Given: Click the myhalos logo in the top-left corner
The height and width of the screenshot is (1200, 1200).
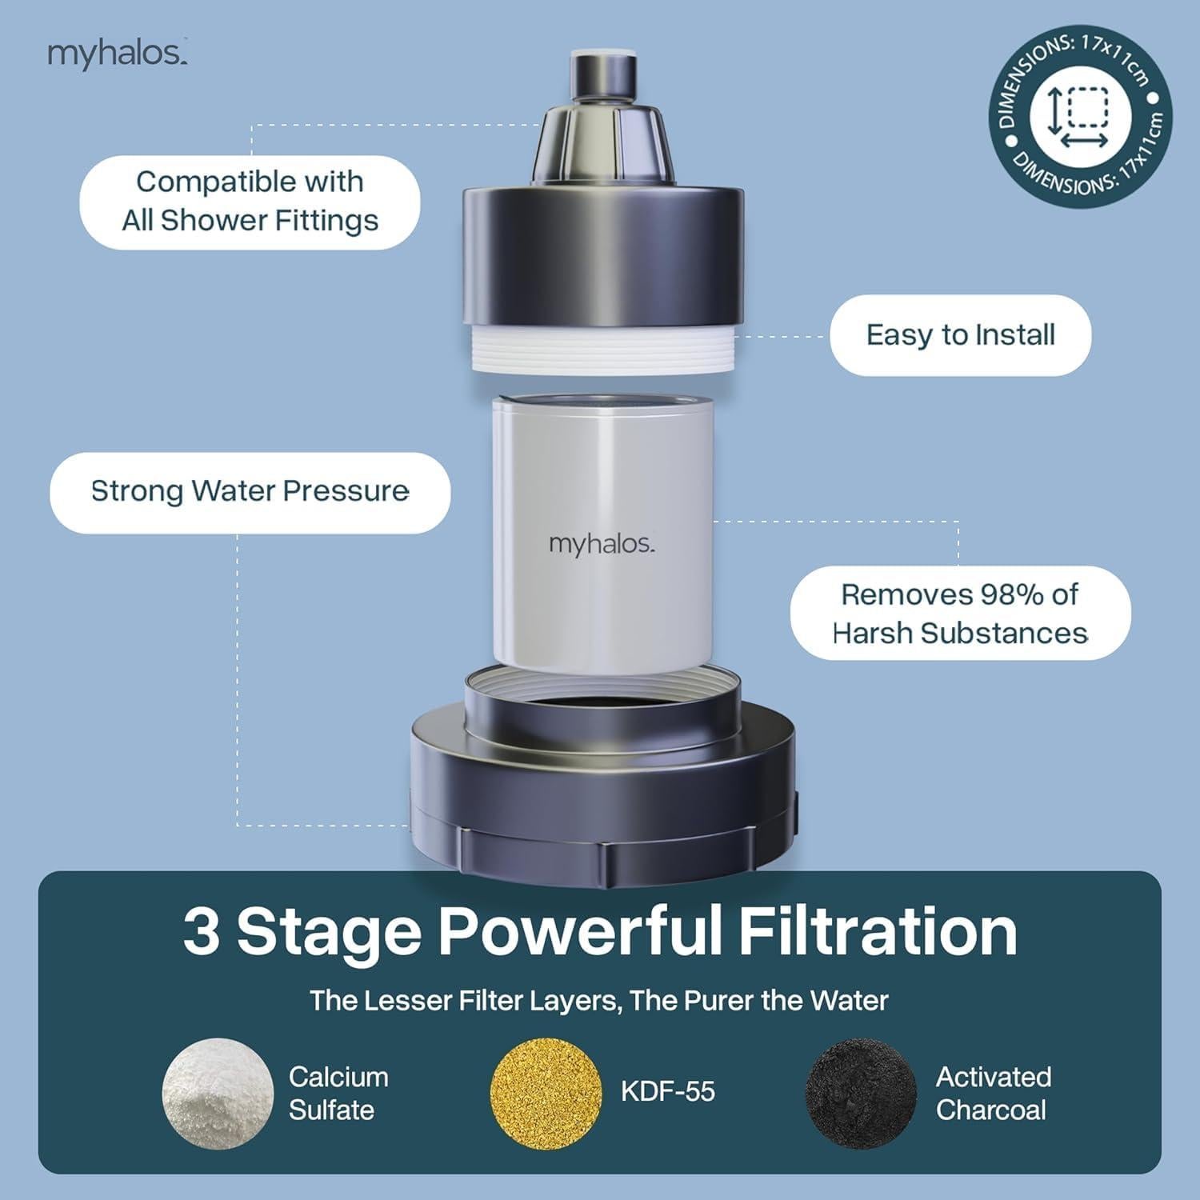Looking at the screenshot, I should (117, 54).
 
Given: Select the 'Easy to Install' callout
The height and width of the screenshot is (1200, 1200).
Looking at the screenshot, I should (960, 334).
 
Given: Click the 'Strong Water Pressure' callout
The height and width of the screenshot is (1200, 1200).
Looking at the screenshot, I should (250, 491).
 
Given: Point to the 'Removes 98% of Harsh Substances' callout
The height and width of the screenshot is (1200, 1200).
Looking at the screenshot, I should (960, 614).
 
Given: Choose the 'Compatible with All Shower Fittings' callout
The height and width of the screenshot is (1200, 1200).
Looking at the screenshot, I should (250, 202).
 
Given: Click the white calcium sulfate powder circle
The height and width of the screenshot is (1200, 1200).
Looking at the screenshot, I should (218, 1094).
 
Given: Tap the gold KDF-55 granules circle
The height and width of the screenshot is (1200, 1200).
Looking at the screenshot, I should (545, 1094).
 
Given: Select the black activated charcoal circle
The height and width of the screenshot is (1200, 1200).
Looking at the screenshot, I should (860, 1094).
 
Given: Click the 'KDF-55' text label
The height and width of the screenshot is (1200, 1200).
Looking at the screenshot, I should (667, 1092).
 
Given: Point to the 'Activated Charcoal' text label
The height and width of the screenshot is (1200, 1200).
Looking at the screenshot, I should (992, 1094).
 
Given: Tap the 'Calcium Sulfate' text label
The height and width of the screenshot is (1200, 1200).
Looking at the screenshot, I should (338, 1094).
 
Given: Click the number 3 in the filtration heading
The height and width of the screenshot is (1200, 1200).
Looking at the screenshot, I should (201, 932).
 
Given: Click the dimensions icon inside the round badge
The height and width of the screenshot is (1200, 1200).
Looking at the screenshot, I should (1079, 117).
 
